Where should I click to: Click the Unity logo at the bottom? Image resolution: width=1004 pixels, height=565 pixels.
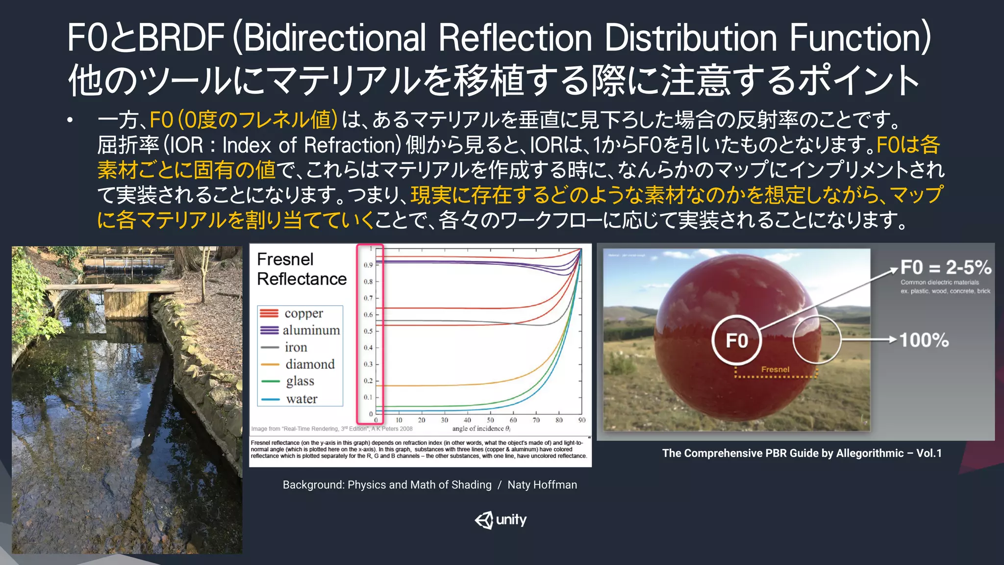501,520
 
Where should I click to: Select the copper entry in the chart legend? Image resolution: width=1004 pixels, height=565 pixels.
303,313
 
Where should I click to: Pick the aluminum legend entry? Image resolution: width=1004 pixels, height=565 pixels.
311,330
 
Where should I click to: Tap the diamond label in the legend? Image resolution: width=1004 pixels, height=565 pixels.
310,364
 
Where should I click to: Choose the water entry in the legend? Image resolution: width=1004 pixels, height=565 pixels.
301,399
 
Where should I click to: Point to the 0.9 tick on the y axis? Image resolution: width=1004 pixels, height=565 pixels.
368,265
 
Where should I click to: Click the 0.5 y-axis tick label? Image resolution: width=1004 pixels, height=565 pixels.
368,332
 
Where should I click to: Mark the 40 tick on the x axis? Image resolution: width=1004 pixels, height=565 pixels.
467,420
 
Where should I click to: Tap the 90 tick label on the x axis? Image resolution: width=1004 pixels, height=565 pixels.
582,420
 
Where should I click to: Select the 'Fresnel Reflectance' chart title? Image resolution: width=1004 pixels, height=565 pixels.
301,269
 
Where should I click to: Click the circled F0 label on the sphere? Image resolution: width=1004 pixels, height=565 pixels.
736,340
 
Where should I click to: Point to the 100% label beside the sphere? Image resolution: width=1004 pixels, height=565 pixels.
924,340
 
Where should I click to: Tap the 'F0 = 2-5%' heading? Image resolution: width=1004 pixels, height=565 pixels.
946,267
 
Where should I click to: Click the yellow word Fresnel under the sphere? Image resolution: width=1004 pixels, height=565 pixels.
775,369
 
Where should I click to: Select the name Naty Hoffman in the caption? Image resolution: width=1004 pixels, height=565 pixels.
542,485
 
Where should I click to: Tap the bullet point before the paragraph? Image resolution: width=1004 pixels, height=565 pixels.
71,120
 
